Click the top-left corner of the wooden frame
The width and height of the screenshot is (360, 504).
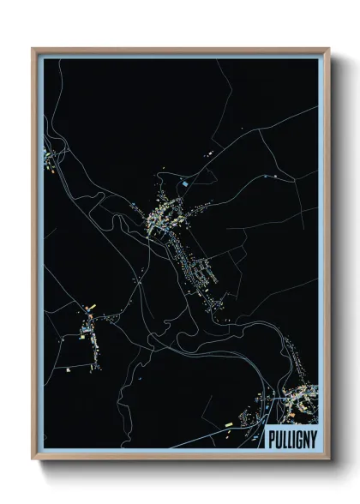click(x=32, y=48)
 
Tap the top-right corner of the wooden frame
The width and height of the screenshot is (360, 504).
click(x=330, y=48)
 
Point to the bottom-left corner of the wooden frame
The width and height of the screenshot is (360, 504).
click(x=32, y=459)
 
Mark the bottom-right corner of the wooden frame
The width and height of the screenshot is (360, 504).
click(x=330, y=459)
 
